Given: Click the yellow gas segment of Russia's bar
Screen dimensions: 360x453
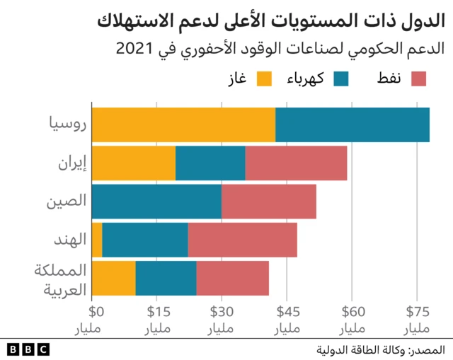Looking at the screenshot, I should pos(183,125).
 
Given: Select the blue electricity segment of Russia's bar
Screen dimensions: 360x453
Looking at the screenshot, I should pos(352,125).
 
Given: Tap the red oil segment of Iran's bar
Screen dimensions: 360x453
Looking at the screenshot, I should pos(296,163).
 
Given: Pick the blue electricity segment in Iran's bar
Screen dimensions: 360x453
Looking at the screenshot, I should pos(210,163).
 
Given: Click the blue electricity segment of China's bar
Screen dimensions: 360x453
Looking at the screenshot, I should pos(156,202).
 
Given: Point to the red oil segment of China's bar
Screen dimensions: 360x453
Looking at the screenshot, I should pos(268,202).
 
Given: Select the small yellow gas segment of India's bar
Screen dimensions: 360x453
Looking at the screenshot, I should pos(97,240).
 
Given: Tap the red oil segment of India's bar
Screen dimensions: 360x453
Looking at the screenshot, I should pos(242,240).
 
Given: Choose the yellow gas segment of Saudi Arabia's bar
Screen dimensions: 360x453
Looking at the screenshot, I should pos(113,278).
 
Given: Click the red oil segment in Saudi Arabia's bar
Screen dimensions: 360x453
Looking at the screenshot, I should pos(232,278).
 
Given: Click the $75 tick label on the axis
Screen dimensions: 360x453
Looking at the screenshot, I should pos(418,310).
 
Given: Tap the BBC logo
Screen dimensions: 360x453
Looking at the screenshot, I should pos(28,349).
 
